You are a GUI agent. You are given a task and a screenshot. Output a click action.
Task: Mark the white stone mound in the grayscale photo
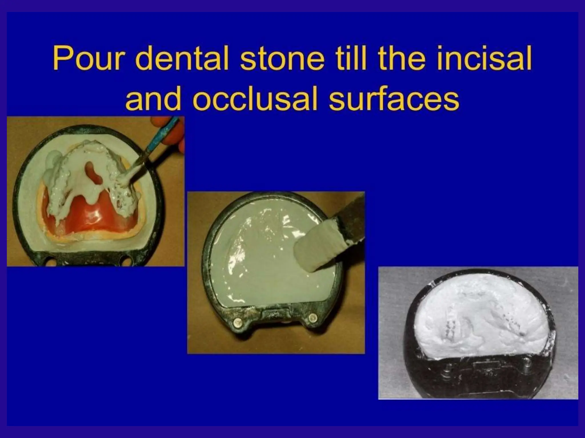(480, 317)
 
